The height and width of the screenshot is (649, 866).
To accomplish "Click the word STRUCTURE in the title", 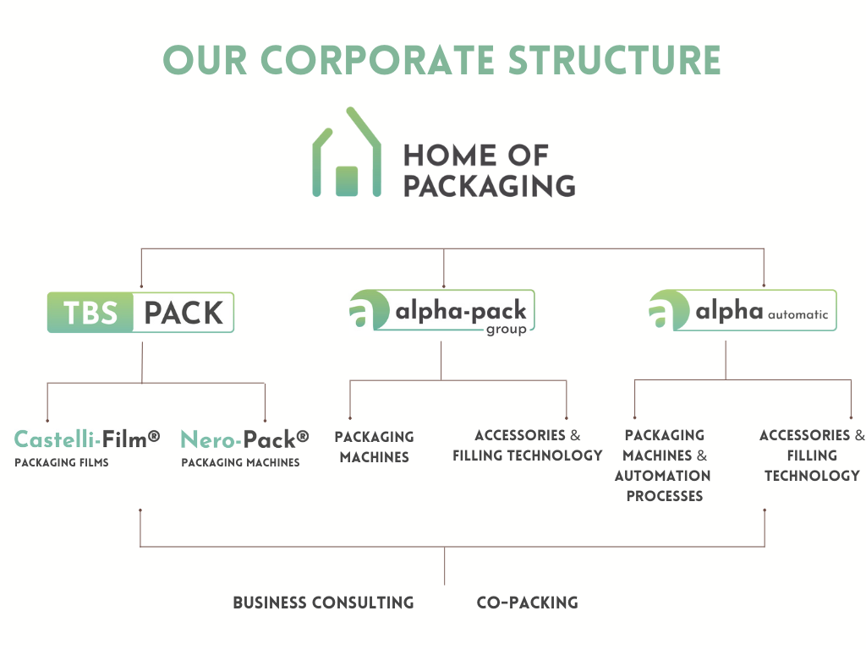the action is click(614, 60).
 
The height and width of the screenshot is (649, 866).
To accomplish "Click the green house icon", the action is click(347, 152).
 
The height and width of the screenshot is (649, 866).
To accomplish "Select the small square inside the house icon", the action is click(347, 181).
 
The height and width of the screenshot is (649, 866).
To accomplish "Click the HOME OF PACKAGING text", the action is click(490, 171).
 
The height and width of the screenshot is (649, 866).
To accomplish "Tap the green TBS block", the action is click(90, 313).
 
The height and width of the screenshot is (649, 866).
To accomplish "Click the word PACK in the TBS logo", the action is click(184, 313).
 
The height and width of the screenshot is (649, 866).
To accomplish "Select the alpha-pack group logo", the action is click(441, 311).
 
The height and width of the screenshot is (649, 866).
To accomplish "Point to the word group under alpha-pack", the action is click(507, 330).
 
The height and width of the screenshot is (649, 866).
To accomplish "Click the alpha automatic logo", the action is click(743, 310).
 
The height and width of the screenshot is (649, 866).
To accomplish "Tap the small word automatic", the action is click(798, 314).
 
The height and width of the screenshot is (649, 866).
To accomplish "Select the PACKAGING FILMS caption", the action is click(62, 462).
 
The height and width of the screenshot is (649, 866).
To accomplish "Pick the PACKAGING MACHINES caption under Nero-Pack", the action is click(240, 462).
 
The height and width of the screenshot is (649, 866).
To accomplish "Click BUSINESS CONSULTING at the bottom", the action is click(323, 603).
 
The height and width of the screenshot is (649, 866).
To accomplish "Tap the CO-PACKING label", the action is click(528, 603).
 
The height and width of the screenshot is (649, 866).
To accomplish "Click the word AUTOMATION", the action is click(663, 476).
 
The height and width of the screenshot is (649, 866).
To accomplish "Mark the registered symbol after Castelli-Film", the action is click(154, 437).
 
